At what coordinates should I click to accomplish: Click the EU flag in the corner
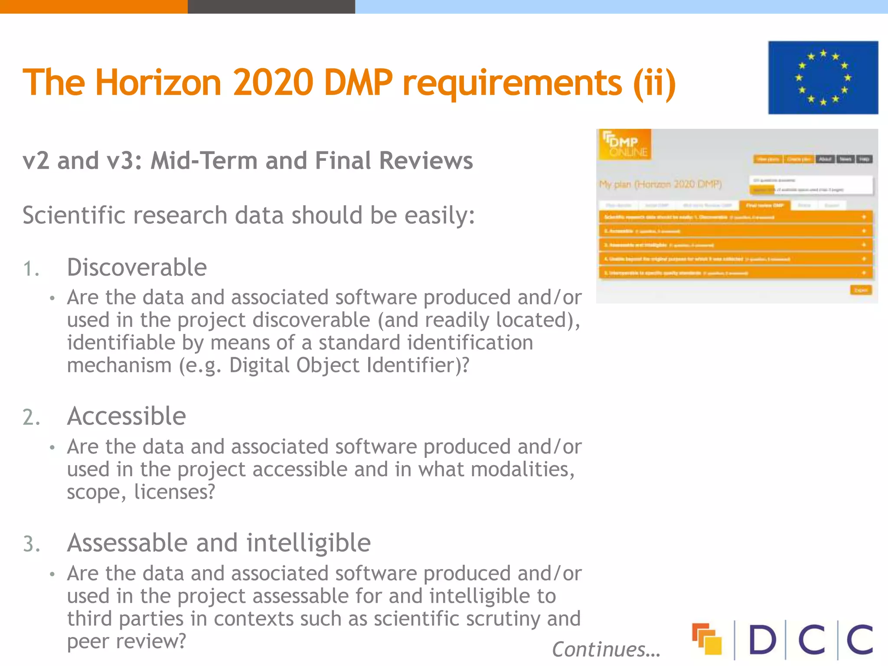pos(823,78)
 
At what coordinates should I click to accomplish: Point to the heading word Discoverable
pos(137,267)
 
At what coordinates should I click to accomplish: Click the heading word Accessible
pos(127,416)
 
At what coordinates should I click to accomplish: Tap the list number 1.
pos(31,269)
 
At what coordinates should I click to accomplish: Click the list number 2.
pos(31,418)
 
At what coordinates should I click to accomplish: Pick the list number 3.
pos(31,544)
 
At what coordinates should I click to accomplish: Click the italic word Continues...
pos(605,650)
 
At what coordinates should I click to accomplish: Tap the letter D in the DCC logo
pos(762,640)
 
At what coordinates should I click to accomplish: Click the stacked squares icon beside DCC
pos(707,639)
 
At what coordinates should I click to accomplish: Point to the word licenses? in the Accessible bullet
pos(174,492)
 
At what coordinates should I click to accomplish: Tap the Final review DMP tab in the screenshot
pos(765,205)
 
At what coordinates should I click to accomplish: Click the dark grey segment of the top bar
pos(271,7)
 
